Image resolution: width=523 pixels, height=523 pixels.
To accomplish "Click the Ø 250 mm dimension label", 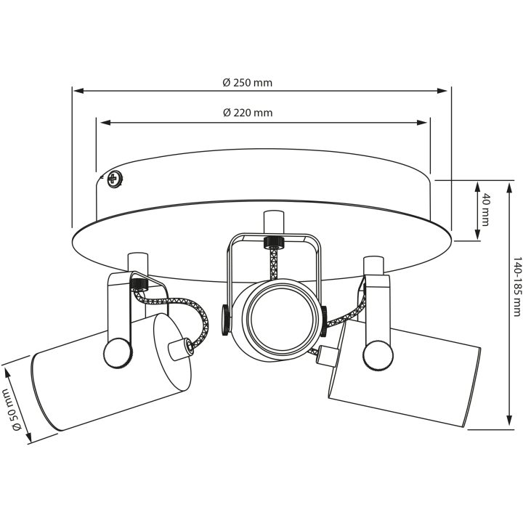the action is point(248,82).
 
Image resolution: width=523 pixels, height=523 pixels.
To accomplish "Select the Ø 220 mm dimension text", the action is point(248,113).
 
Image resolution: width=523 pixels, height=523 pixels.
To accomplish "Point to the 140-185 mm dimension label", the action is point(516,286).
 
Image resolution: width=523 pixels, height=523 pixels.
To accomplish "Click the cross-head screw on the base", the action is point(115,179).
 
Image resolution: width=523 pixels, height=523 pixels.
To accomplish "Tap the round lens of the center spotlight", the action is point(282,320).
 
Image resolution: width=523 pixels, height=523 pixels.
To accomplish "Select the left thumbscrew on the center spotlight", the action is point(226,320).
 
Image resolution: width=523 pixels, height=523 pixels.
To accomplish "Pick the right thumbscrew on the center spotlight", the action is point(324,321).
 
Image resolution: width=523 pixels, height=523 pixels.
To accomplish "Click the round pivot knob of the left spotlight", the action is point(118,353).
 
